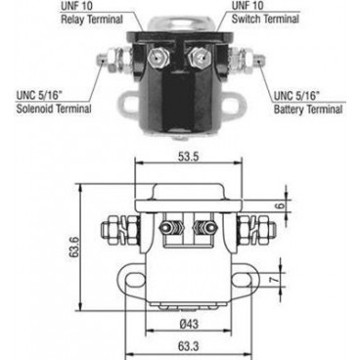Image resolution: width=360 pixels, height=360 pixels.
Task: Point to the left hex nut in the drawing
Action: click(x=113, y=233)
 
